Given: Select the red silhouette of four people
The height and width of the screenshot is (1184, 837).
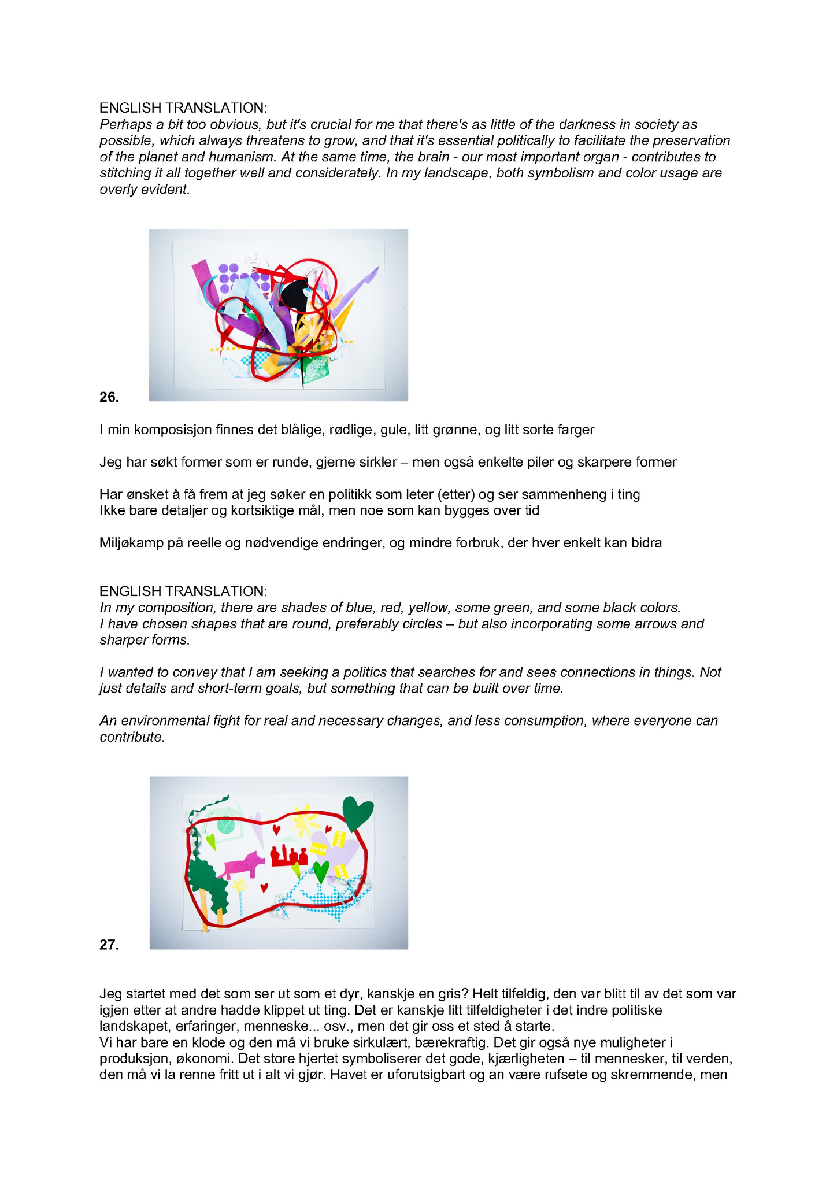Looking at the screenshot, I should click(x=289, y=856).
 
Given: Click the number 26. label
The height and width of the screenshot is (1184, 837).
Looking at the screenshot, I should click(x=109, y=397).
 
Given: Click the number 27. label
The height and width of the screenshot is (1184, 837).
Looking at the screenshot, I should click(x=109, y=945).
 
